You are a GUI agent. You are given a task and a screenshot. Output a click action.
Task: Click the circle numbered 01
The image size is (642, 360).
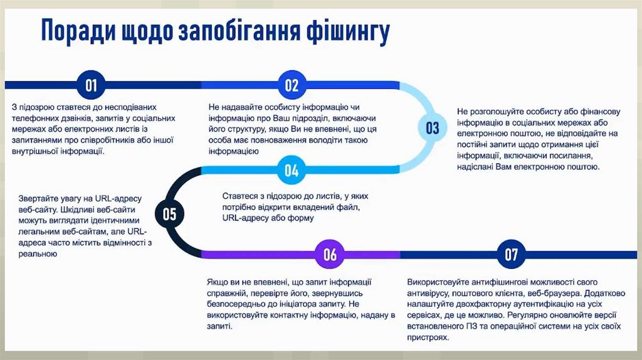tap(92, 85)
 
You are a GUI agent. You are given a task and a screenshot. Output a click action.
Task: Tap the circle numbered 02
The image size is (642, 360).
tap(292, 85)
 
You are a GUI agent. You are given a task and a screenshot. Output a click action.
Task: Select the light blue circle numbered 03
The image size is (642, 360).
tap(433, 128)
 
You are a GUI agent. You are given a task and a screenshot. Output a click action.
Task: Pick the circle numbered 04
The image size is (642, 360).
tap(292, 170)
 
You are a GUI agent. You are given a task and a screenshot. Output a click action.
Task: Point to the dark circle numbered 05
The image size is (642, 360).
tap(169, 214)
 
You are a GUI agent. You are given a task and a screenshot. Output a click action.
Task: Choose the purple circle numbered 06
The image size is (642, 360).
tap(330, 254)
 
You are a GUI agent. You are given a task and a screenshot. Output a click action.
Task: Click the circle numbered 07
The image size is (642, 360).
tap(511, 254)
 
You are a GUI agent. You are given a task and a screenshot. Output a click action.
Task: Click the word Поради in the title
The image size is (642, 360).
tap(77, 31)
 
